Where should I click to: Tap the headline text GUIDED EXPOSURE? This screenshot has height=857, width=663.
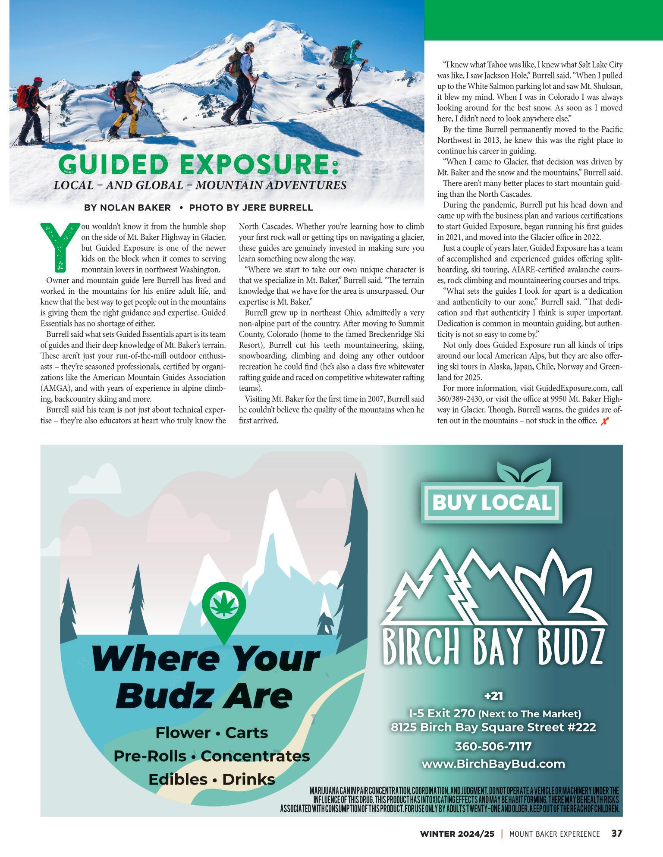point(198,164)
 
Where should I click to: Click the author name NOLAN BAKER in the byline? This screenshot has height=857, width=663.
point(135,207)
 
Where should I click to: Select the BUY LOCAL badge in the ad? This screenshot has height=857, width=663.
point(492,502)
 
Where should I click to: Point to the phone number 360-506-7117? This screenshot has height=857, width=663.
point(493,746)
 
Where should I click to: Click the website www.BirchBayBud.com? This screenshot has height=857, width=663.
point(493,764)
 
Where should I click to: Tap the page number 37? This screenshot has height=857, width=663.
point(616,833)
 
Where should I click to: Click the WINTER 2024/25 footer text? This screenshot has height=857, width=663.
point(457,834)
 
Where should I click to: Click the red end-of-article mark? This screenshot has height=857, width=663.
point(604,421)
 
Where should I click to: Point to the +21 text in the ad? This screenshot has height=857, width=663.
point(493,696)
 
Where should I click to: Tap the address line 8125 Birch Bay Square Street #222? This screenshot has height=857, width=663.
point(493,727)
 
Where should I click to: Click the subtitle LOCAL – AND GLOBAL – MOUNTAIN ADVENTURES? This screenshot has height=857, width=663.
point(200,185)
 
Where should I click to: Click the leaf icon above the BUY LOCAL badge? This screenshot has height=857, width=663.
point(523,471)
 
